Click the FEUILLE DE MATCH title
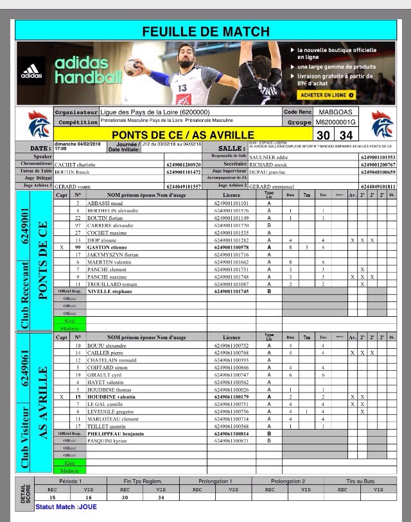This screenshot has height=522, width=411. [205, 31]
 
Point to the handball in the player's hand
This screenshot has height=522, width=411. [134, 67]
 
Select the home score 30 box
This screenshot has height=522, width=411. [324, 135]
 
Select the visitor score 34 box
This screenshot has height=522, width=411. [346, 135]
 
